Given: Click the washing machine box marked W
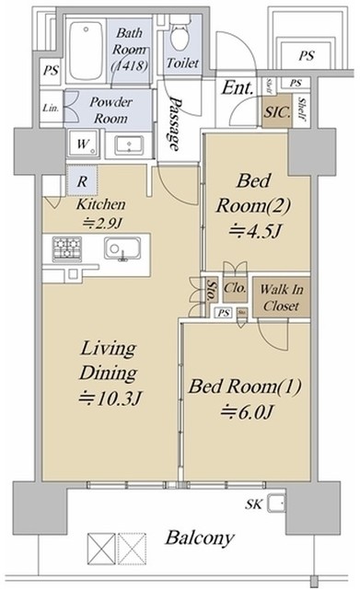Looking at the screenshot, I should [x=81, y=144].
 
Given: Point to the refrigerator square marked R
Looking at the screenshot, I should [x=82, y=180].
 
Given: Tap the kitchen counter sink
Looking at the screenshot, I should [x=120, y=248].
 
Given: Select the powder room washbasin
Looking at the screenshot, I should [x=126, y=145].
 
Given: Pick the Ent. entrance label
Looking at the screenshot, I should [x=237, y=88].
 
